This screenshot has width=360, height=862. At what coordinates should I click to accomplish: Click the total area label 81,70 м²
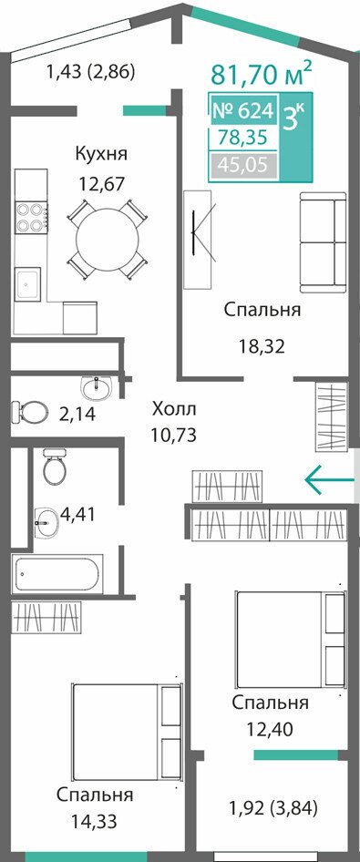262,74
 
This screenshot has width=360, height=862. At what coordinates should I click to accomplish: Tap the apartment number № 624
242,111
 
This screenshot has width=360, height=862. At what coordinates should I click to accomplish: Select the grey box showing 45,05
242,165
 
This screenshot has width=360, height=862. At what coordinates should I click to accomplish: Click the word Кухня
101,153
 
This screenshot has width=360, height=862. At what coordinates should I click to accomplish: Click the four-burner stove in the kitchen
31,217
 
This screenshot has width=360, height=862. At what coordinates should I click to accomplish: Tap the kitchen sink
27,283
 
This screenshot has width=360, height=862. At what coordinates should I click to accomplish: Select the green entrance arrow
329,479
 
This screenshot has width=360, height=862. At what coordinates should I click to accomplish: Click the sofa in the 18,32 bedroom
323,241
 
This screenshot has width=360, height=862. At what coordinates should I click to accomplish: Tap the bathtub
57,573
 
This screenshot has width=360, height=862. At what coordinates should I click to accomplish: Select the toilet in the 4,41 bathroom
55,466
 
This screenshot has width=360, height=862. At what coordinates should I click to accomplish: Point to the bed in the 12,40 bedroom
291,639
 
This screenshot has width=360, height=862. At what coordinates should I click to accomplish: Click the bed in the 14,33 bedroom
126,732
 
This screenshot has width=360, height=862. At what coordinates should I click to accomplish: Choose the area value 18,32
262,346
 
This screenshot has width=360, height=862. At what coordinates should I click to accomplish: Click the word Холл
174,409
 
